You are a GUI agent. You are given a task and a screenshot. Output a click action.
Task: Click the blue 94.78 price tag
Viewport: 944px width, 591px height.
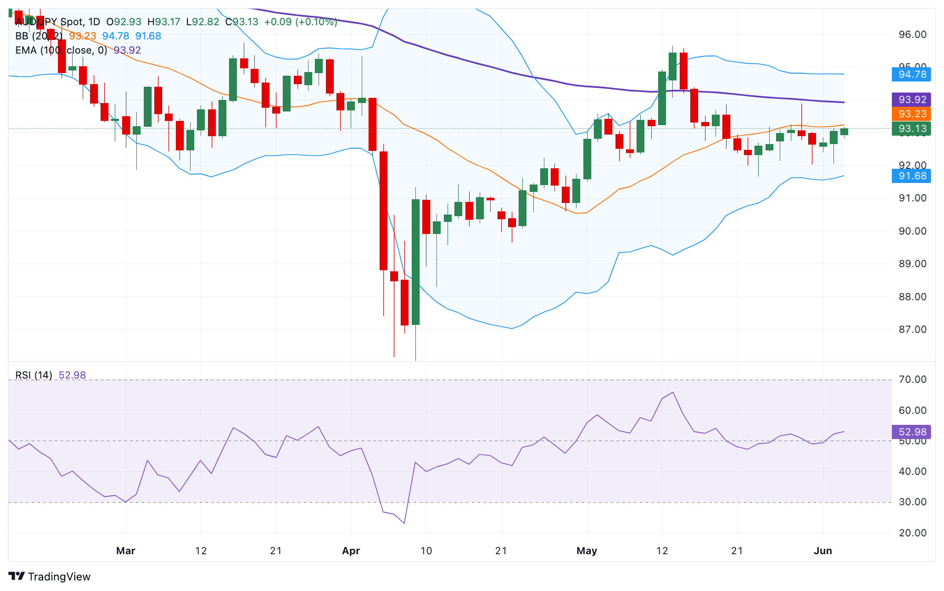[911, 74]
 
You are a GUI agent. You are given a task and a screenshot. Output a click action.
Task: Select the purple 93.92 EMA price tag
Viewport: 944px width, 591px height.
[911, 99]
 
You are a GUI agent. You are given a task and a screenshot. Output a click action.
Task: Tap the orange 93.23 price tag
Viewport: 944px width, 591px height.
[911, 114]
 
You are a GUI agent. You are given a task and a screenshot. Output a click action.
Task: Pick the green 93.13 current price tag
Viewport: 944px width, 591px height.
[911, 128]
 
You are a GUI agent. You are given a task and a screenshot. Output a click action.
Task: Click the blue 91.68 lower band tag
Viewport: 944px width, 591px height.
[911, 176]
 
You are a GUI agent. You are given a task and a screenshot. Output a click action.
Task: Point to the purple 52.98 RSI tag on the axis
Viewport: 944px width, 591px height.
[911, 432]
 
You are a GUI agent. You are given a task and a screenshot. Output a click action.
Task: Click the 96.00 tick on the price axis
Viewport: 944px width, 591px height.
[912, 35]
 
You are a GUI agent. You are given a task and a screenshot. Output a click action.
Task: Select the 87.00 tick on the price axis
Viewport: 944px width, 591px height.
[912, 330]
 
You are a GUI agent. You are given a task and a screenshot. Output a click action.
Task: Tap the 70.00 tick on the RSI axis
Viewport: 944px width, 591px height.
[912, 380]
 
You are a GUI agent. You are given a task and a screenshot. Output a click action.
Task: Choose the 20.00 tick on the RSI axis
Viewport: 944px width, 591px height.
[912, 533]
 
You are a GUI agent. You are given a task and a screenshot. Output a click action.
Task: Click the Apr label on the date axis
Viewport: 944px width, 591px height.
[351, 551]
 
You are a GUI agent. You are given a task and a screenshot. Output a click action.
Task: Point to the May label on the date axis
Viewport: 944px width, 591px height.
[587, 551]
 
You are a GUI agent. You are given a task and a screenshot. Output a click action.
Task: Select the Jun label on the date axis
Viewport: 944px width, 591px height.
[822, 551]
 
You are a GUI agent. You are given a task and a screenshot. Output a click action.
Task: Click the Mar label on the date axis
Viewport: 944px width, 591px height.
[126, 551]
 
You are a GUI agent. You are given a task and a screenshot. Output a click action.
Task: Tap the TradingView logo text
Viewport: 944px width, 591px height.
[59, 577]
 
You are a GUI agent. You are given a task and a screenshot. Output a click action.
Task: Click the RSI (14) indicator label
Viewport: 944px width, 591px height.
[34, 375]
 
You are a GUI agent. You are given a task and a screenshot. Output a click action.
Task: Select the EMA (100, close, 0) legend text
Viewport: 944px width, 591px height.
[61, 50]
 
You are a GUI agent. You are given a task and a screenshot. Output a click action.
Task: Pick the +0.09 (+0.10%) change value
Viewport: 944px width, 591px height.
[301, 22]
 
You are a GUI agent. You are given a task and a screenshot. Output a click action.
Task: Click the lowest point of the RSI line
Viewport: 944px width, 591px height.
[404, 523]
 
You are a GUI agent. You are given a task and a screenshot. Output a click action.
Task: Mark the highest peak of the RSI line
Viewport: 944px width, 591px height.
[673, 392]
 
